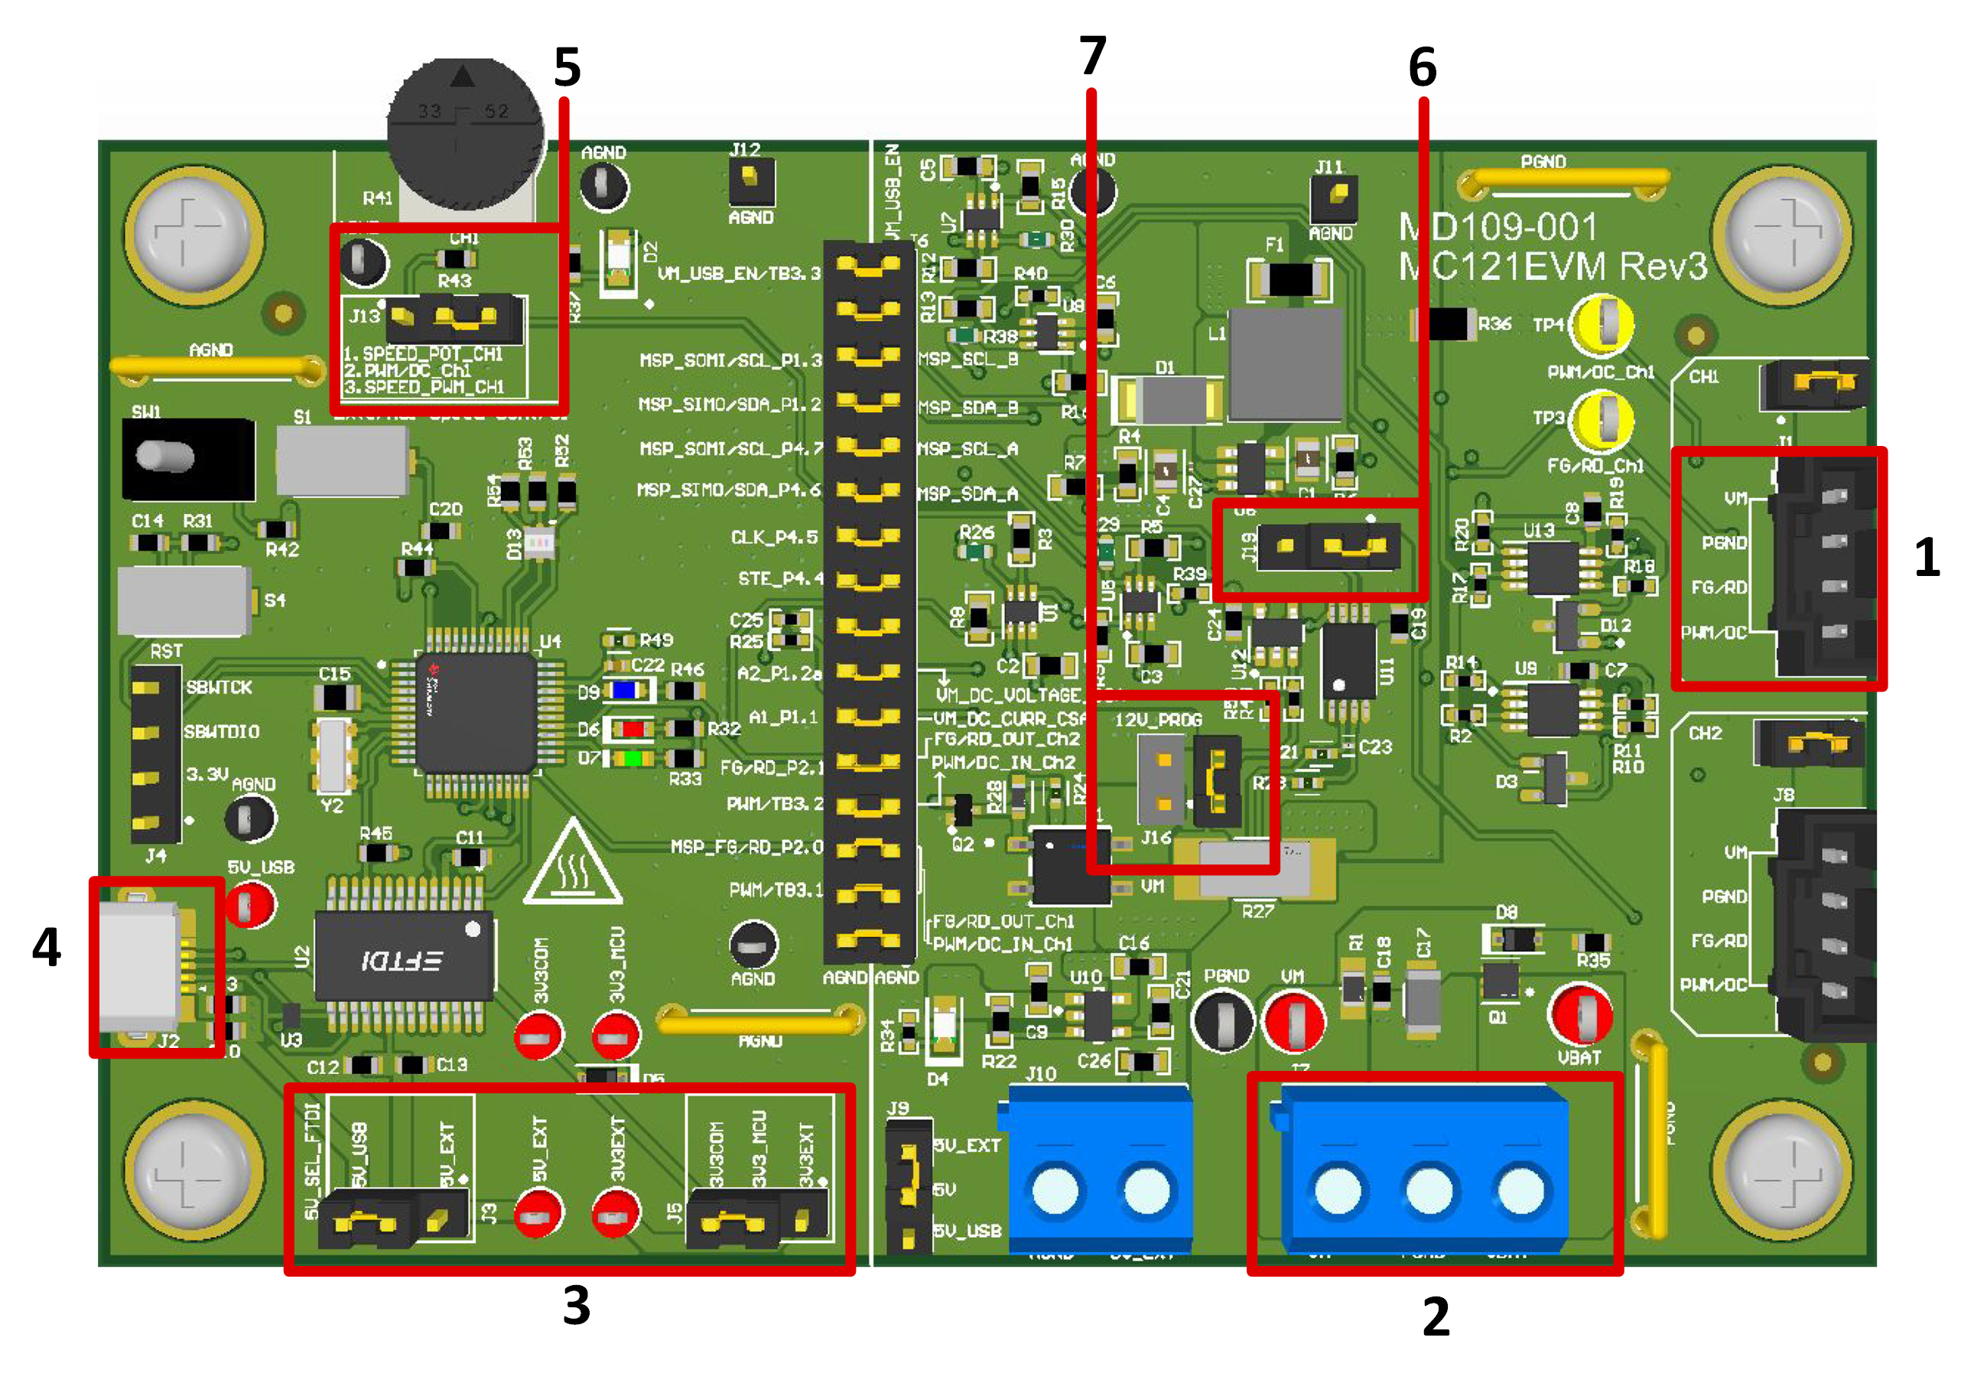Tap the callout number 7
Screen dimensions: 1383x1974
pos(1092,56)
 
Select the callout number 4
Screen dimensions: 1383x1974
pos(47,947)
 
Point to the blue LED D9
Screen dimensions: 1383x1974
pos(625,690)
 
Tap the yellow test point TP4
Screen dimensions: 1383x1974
pos(1601,325)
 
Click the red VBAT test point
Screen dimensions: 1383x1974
pos(1580,1015)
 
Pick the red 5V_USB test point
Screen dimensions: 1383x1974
pos(250,904)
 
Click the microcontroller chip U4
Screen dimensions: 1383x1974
pos(476,712)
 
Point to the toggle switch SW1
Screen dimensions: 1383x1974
pos(187,457)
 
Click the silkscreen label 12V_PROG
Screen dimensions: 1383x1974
pos(1158,719)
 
